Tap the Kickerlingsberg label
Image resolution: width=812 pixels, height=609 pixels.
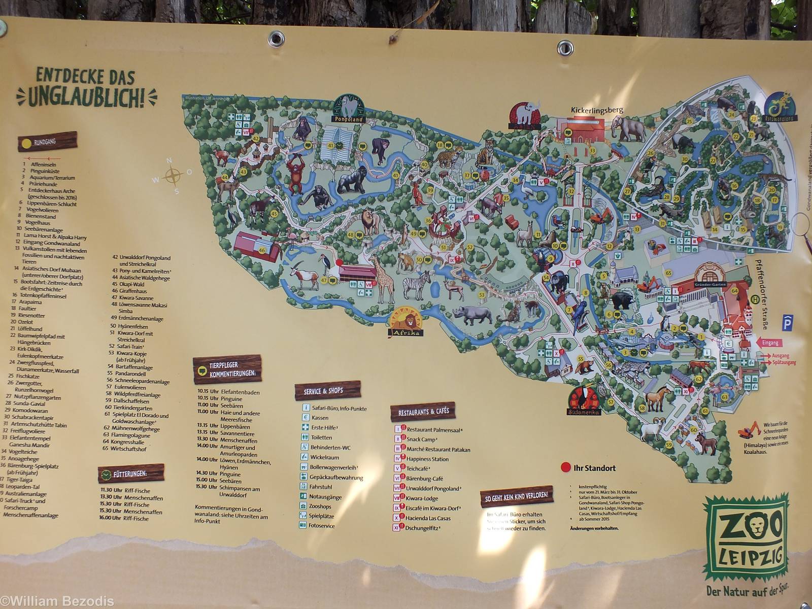[x=596, y=110]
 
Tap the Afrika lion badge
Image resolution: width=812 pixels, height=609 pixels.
[x=405, y=323]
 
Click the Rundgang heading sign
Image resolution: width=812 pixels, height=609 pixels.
[x=48, y=143]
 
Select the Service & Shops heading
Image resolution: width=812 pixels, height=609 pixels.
[x=327, y=391]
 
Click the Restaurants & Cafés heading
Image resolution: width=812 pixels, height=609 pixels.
[x=423, y=412]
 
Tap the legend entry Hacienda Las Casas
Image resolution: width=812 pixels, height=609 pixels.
[x=428, y=518]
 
